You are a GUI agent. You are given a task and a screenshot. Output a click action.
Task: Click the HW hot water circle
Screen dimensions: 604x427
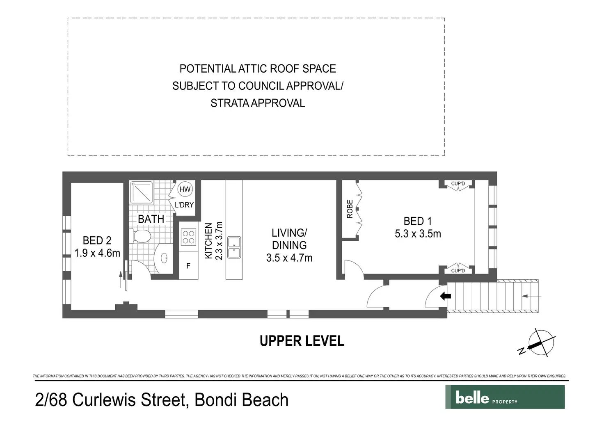(x=185, y=189)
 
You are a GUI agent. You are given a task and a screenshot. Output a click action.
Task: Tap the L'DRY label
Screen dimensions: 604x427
(x=184, y=205)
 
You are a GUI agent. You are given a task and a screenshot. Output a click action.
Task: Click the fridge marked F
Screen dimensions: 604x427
(x=188, y=266)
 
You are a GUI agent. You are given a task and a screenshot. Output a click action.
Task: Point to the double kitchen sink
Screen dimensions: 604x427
(x=234, y=248)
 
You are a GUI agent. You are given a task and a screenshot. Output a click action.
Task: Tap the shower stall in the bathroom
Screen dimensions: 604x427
(x=141, y=192)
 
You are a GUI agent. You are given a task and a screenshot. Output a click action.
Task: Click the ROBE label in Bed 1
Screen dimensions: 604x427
(x=350, y=209)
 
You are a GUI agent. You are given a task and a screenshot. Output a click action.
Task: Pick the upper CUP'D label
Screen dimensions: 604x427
(x=458, y=184)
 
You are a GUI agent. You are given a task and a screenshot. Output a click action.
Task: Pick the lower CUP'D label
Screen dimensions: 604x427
(x=458, y=271)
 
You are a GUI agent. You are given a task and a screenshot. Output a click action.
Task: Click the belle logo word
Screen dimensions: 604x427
(x=472, y=397)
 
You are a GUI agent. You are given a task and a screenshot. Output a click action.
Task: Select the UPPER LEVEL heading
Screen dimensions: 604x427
(x=302, y=341)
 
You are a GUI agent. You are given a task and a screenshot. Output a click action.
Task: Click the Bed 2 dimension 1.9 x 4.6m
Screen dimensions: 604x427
(x=97, y=253)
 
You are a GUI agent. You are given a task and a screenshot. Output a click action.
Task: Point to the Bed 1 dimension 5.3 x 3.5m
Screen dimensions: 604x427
(x=418, y=234)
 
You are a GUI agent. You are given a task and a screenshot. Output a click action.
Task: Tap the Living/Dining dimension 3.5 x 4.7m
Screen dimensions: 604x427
(x=289, y=258)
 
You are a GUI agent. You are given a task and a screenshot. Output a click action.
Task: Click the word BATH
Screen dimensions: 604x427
(x=151, y=219)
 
